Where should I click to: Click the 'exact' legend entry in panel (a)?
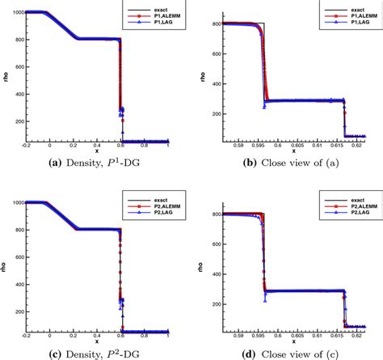click(x=146, y=9)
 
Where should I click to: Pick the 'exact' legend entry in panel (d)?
click(x=338, y=200)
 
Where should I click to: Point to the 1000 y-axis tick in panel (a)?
click(x=16, y=12)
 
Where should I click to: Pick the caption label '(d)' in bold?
click(x=229, y=353)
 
